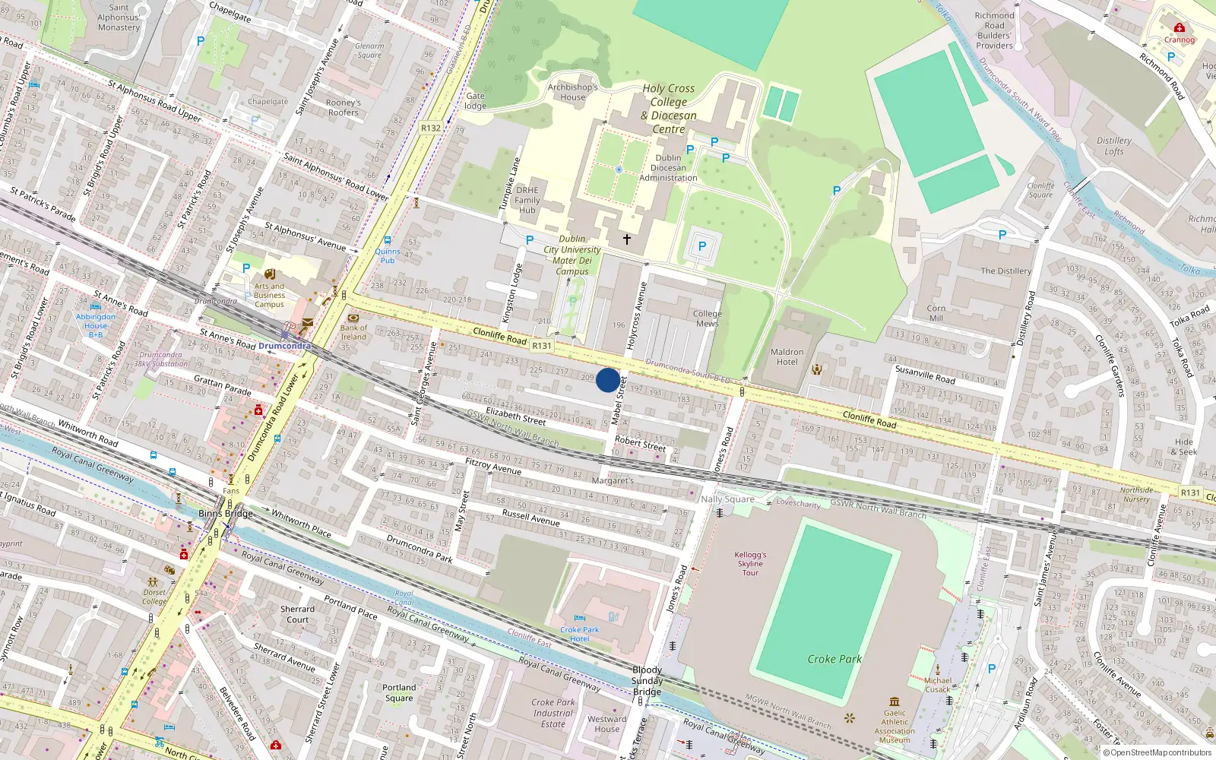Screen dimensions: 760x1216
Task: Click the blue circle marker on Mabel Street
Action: [607, 380]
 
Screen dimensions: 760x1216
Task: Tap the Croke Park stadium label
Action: [834, 659]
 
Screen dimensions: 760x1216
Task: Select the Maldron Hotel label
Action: [787, 356]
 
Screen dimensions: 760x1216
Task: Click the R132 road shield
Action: [431, 128]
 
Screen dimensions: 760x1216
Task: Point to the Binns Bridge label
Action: [225, 513]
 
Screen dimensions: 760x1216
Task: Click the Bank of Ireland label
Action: [353, 332]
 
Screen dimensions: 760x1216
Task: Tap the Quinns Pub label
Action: [387, 255]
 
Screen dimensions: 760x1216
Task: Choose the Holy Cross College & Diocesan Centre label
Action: [669, 109]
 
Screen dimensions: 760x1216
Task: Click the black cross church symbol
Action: [627, 239]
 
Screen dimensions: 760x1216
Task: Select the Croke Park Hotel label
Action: [579, 634]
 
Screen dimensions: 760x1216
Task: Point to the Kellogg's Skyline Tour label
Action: [750, 563]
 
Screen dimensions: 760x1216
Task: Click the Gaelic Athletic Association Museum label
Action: [895, 727]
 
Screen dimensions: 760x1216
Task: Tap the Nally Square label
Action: [727, 499]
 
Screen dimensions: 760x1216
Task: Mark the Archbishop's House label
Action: [573, 92]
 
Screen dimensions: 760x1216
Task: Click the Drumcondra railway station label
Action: [284, 346]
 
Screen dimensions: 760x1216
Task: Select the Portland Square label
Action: [399, 692]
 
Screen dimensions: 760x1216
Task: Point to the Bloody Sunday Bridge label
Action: [647, 681]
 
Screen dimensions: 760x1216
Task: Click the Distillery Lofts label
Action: [1114, 146]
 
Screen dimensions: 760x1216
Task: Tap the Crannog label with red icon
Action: [1180, 40]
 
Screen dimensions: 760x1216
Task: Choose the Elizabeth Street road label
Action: [515, 415]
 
